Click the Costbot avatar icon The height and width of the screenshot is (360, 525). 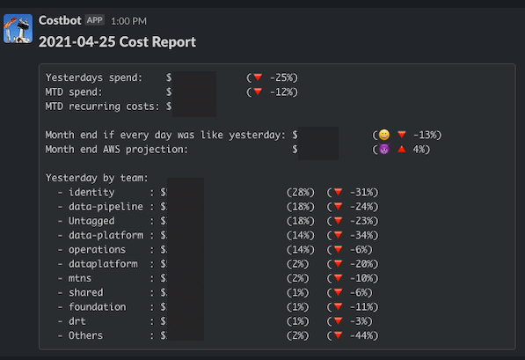point(18,29)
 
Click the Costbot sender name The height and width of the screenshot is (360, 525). point(60,19)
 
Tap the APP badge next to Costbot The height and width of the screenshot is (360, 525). point(94,19)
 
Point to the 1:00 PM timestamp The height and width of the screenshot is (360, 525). point(129,20)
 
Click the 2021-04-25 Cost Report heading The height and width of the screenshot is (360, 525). point(117,41)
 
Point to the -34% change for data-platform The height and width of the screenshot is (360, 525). point(361,235)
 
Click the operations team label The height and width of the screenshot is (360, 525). point(97,249)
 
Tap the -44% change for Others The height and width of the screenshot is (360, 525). point(361,335)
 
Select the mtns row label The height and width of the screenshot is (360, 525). point(82,278)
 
